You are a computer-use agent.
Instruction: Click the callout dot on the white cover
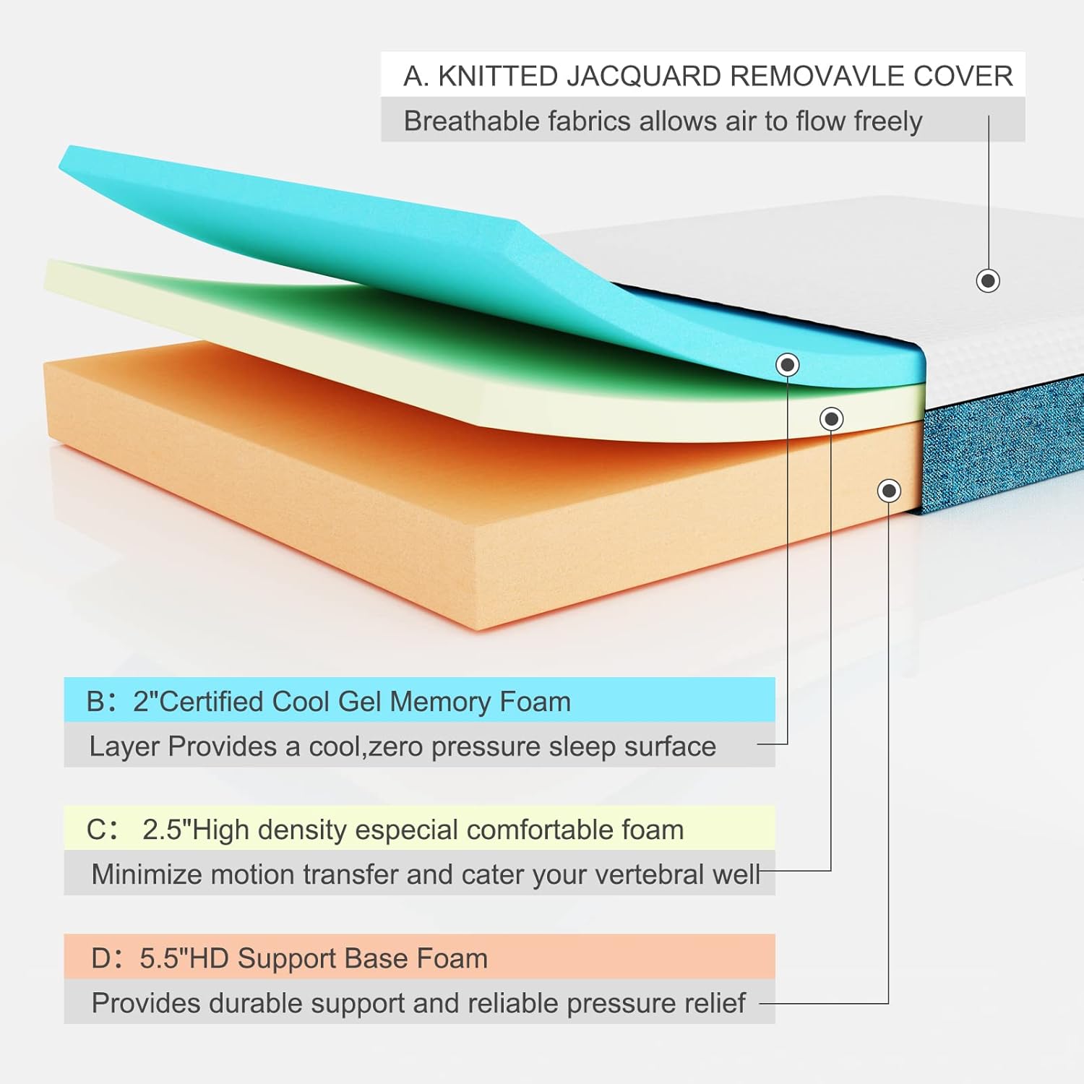(988, 280)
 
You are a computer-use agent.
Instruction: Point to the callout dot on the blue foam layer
(788, 364)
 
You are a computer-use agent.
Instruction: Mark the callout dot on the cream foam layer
(832, 418)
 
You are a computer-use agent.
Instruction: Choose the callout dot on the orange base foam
(889, 491)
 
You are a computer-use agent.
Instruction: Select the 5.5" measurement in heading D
(163, 958)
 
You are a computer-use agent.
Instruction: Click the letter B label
(96, 702)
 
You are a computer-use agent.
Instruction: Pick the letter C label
(97, 830)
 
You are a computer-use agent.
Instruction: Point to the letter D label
(101, 958)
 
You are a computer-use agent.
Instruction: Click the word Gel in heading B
(360, 702)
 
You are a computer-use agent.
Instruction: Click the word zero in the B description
(395, 747)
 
